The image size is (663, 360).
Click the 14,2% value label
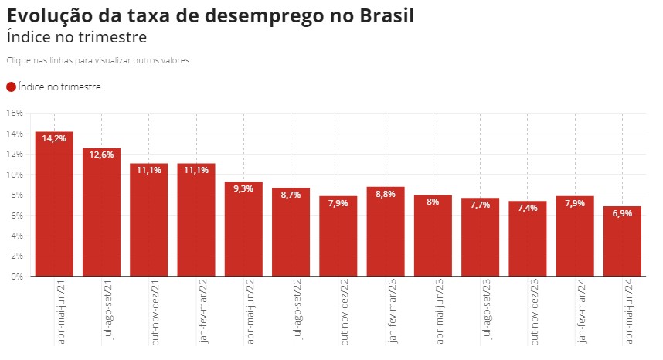pos(54,139)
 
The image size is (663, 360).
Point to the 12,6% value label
pos(101,155)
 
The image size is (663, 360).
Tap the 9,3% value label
pos(243,188)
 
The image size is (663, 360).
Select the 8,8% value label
pos(386,194)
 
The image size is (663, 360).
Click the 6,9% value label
pos(622,212)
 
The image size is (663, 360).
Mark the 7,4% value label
pos(528,209)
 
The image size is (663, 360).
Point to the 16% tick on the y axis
pos(15,113)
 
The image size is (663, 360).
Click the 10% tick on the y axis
pos(15,175)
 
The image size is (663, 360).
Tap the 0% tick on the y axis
pos(17,277)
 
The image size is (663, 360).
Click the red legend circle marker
pos(11,87)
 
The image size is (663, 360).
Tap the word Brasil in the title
pos(377,15)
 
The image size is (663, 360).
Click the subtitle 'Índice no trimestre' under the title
pos(76,36)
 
